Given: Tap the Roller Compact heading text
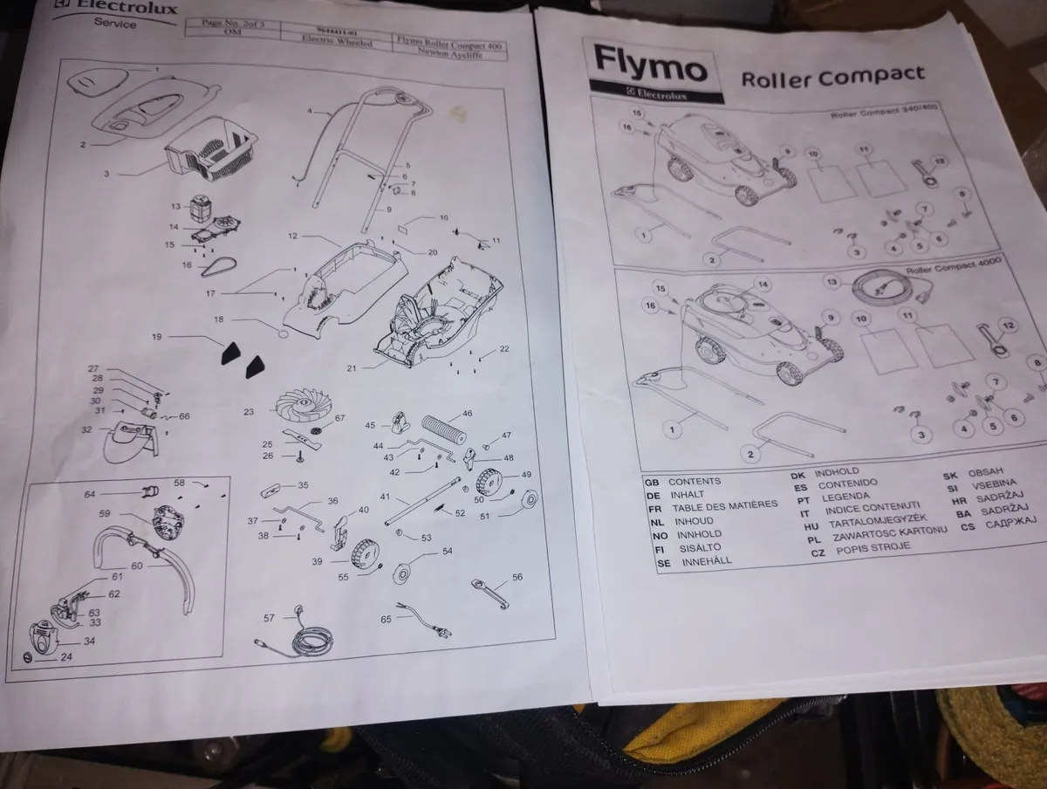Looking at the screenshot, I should point(832,77).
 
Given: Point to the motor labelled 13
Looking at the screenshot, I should point(202,208).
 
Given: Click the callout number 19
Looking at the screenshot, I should point(157,336).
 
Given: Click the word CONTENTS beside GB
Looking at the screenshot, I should point(695,481).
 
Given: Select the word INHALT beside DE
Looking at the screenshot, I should point(688,494).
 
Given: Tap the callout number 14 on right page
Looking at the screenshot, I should point(763,285).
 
